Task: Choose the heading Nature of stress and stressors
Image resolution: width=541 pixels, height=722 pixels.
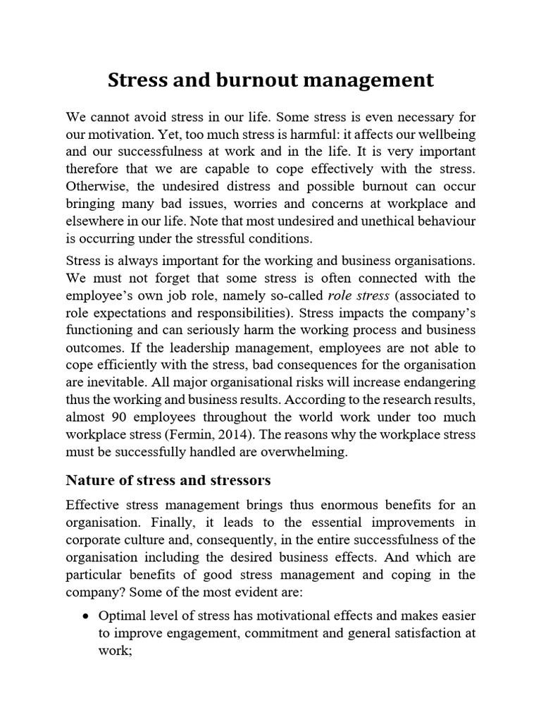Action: pyautogui.click(x=168, y=482)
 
